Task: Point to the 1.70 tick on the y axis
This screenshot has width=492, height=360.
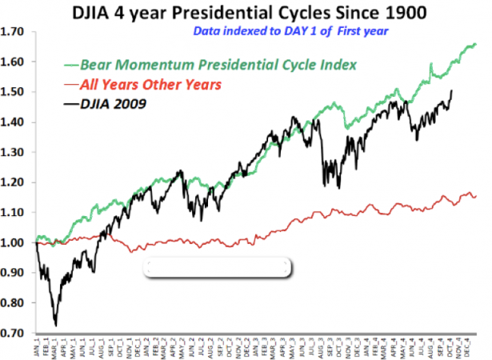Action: pos(14,32)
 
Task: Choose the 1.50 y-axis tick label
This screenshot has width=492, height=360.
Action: pos(14,92)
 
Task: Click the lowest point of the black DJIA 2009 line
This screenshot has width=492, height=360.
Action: pos(55,325)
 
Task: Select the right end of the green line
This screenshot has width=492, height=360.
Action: pos(476,45)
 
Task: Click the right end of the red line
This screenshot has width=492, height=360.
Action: pos(476,195)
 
